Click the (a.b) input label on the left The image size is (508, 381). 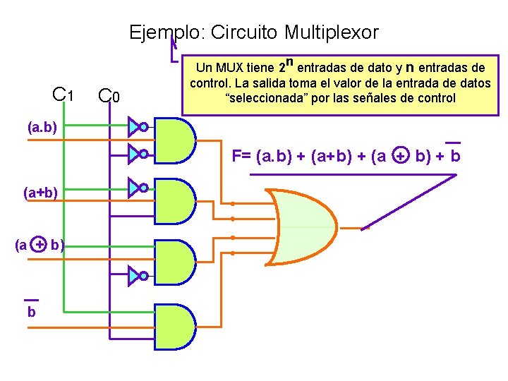tap(42, 128)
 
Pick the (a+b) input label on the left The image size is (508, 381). tap(40, 192)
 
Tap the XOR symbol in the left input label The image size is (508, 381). tap(40, 245)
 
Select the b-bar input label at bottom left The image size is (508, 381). tap(31, 310)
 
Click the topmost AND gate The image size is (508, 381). tap(174, 138)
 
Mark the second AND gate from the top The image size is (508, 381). tap(174, 200)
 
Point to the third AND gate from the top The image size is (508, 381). tap(174, 262)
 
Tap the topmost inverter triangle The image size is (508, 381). tap(135, 127)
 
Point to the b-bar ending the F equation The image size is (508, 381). tap(455, 155)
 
